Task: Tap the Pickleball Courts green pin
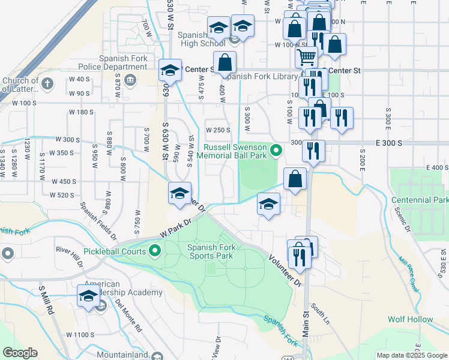tap(155, 251)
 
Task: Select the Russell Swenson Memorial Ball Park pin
tap(276, 150)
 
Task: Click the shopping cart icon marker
tap(306, 58)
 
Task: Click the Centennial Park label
tap(420, 199)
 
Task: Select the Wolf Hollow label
tap(410, 320)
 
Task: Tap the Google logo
tap(20, 352)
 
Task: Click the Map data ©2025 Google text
tap(412, 355)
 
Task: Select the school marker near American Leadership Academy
tap(89, 296)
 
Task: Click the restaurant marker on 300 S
tap(313, 151)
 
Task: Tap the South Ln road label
tap(320, 314)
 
